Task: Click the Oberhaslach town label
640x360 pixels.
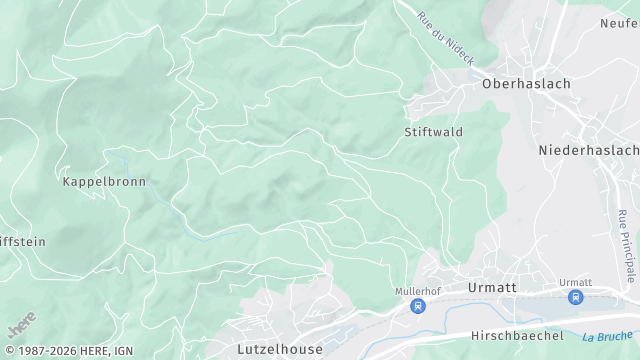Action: coord(526,84)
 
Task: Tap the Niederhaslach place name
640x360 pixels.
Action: coord(588,150)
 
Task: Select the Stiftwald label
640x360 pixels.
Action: coord(433,132)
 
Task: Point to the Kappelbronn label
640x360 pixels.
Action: coord(104,182)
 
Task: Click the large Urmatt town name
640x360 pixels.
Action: coord(491,287)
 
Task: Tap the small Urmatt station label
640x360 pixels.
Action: coord(575,282)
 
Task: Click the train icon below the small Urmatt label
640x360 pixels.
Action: coord(575,297)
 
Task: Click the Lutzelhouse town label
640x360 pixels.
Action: coord(280,349)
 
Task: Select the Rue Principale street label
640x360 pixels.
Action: coord(627,245)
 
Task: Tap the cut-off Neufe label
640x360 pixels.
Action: coord(619,23)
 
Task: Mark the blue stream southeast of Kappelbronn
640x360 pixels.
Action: coord(190,231)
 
